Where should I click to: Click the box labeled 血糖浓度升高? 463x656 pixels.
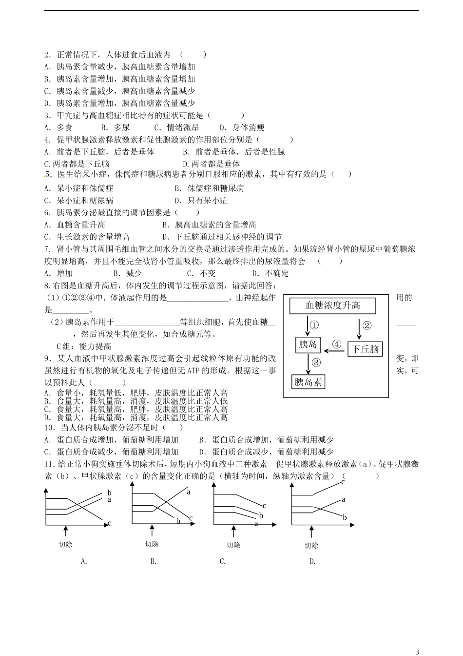(333, 306)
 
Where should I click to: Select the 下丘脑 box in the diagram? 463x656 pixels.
(365, 349)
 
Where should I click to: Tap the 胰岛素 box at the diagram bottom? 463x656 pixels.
(308, 382)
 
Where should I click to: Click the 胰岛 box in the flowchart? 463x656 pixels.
(308, 345)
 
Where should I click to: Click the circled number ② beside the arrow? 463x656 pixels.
(367, 326)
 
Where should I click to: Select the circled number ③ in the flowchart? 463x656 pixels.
(316, 362)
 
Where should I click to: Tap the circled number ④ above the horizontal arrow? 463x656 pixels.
(337, 344)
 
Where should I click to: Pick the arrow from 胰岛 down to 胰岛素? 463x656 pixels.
(309, 363)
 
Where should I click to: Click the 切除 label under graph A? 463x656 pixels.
(65, 544)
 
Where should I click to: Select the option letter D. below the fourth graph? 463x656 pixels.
(312, 561)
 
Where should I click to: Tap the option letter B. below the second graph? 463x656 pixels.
(153, 561)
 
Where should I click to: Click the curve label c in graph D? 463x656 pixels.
(343, 482)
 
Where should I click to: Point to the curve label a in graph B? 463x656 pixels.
(188, 492)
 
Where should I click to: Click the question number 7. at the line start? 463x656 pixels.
(47, 249)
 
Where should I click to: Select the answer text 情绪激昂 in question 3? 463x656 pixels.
(183, 127)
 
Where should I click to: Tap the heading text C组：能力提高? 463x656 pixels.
(84, 346)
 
